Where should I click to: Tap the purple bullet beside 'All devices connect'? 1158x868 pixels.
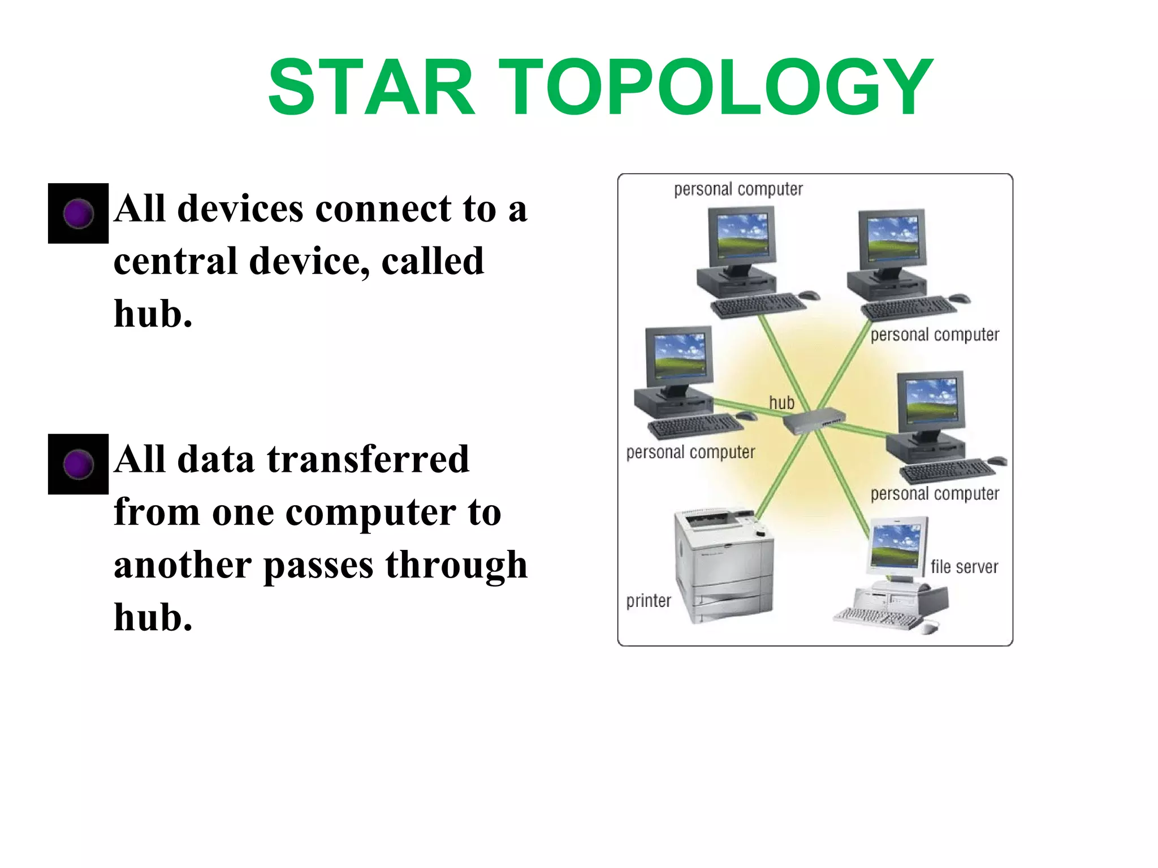[x=78, y=214]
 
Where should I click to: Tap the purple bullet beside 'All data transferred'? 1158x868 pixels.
[x=78, y=465]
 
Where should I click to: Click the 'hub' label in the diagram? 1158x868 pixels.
[x=781, y=402]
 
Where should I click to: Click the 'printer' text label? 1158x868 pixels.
[x=649, y=600]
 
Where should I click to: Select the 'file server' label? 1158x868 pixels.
[x=964, y=566]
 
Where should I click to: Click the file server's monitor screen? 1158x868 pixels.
[x=895, y=545]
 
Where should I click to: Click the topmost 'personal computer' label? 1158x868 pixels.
[x=738, y=189]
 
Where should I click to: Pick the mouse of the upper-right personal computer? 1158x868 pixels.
[x=959, y=298]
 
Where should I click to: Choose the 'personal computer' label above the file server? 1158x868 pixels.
[x=935, y=493]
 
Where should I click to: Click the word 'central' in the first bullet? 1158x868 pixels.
[x=175, y=261]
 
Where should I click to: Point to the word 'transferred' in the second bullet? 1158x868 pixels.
[x=368, y=459]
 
